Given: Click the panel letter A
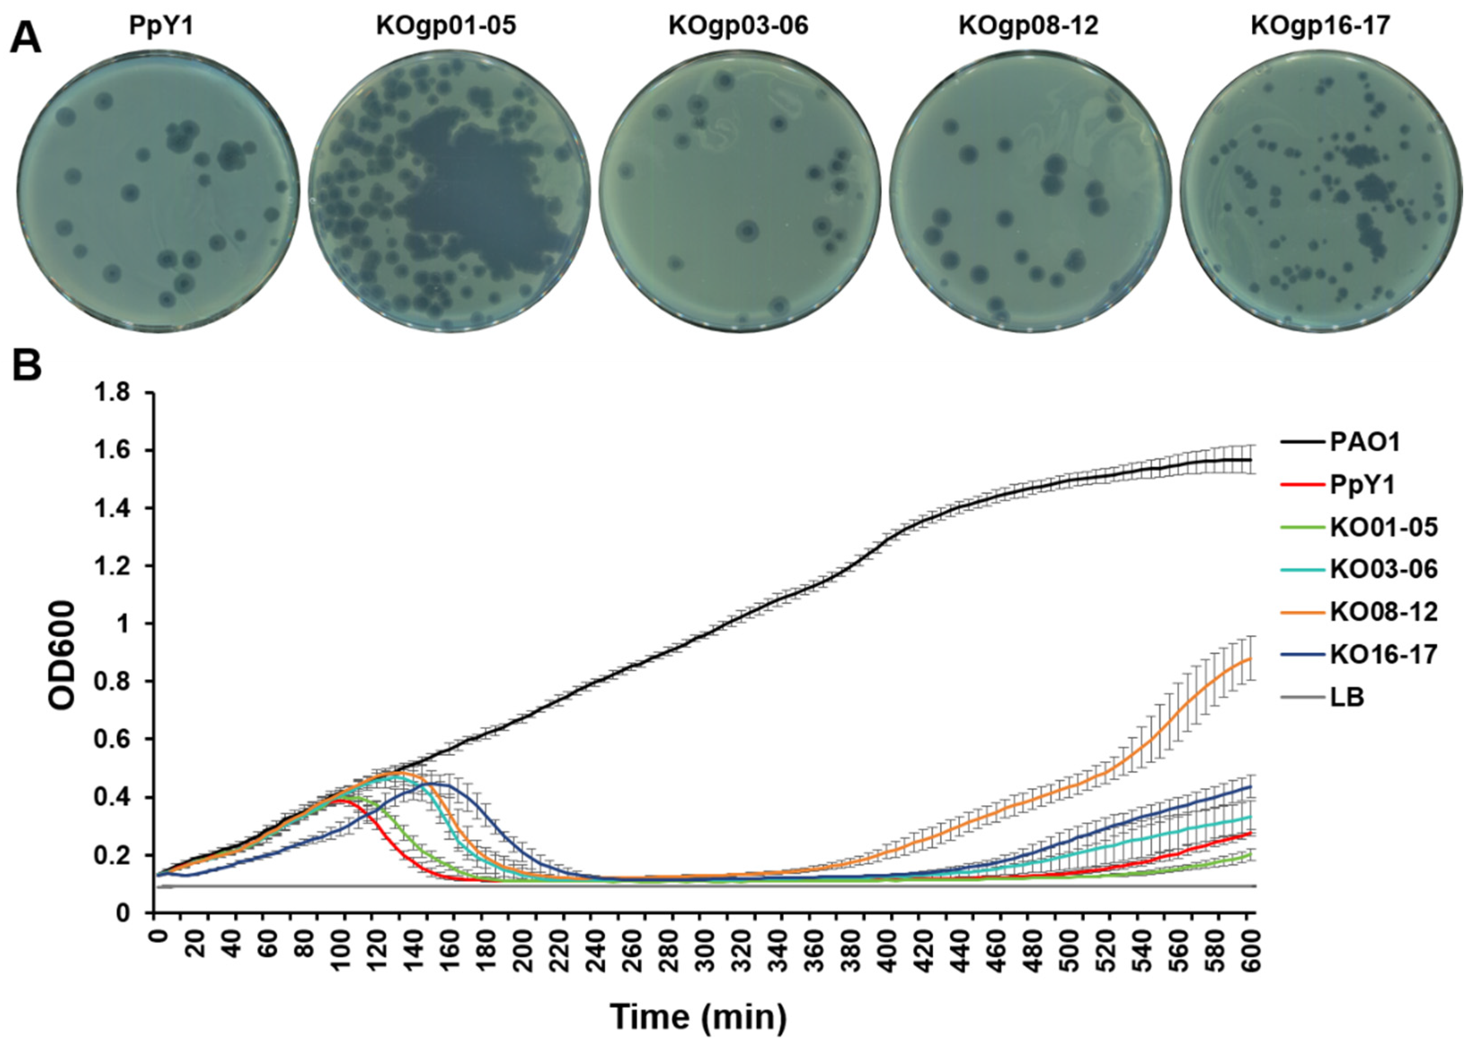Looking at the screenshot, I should [x=26, y=37].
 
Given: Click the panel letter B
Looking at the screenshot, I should [x=26, y=365].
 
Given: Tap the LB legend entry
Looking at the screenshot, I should [x=1347, y=697].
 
